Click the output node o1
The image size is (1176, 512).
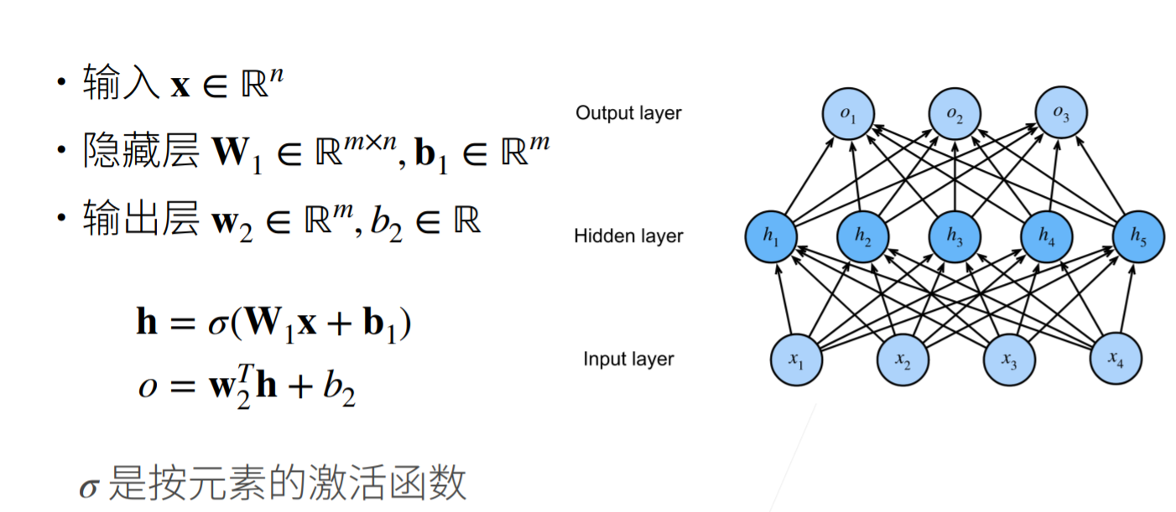[848, 114]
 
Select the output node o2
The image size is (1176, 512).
[955, 114]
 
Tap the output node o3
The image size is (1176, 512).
[1061, 114]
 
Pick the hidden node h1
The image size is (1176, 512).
[772, 237]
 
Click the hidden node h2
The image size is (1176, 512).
[863, 237]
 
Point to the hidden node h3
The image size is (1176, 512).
[955, 237]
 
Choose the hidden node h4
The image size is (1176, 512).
[1047, 237]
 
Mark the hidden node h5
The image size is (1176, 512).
[1138, 237]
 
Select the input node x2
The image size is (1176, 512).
[903, 360]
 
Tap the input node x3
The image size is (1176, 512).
[1009, 360]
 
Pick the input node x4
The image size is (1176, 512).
[1116, 360]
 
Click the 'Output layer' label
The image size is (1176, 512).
[628, 112]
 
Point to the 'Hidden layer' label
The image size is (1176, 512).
[628, 236]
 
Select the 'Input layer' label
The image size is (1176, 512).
[628, 359]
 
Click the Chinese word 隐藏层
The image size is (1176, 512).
[141, 153]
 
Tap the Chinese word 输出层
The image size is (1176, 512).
[141, 221]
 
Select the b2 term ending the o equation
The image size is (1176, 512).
[339, 390]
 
